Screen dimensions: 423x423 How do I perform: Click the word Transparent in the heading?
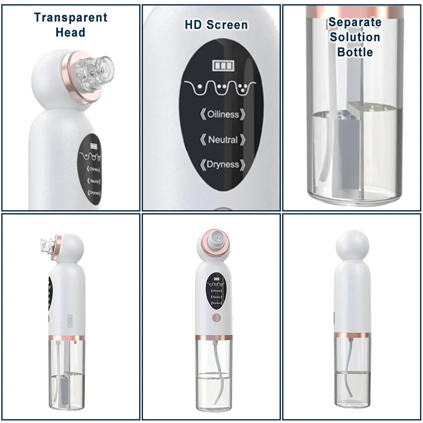[71, 18]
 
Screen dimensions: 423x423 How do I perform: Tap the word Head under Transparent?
[70, 33]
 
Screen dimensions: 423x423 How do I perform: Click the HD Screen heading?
[216, 25]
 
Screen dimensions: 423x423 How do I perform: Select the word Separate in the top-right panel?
[355, 22]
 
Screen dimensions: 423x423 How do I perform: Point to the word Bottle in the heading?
[355, 52]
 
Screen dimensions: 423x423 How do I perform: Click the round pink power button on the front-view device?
[216, 318]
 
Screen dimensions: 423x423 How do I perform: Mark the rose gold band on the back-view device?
[353, 335]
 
